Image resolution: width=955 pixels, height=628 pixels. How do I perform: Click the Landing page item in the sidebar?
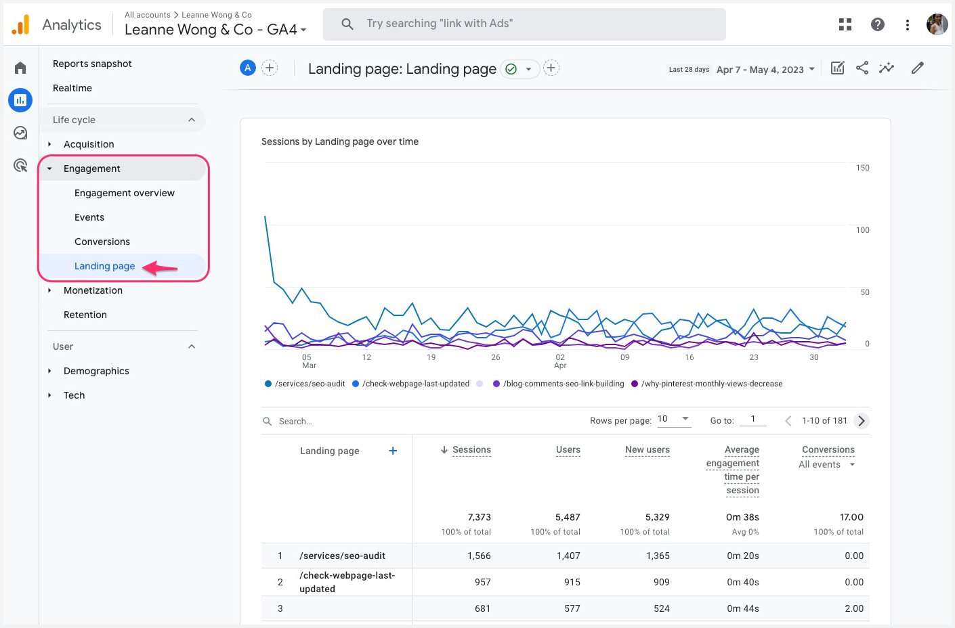[x=104, y=266]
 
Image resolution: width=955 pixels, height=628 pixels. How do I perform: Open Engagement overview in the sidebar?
[x=124, y=193]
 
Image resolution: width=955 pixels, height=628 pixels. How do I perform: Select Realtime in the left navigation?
[x=72, y=88]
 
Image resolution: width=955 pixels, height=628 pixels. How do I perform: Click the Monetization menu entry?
[x=93, y=290]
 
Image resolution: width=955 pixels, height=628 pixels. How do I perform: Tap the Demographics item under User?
[x=96, y=371]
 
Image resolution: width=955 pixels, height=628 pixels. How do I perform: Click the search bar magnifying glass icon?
[x=347, y=24]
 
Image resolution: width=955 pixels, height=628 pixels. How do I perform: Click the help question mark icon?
[x=877, y=24]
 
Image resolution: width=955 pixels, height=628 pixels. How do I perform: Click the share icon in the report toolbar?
[x=862, y=68]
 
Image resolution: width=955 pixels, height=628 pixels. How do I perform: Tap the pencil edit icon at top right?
[x=917, y=68]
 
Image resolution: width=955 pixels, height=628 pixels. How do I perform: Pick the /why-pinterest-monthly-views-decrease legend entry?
[x=711, y=384]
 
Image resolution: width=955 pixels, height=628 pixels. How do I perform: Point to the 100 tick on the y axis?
[x=862, y=230]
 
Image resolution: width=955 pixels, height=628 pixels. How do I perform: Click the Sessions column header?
[x=471, y=449]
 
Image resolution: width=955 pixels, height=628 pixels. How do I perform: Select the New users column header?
[x=647, y=449]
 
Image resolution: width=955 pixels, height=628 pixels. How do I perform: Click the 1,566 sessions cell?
[x=478, y=556]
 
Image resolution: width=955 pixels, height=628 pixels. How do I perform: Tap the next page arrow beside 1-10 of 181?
[x=861, y=421]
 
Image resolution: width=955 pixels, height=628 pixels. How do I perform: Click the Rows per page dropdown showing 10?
[x=674, y=419]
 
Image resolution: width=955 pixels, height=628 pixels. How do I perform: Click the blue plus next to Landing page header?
[x=393, y=451]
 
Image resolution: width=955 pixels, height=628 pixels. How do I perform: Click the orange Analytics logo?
[x=21, y=25]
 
